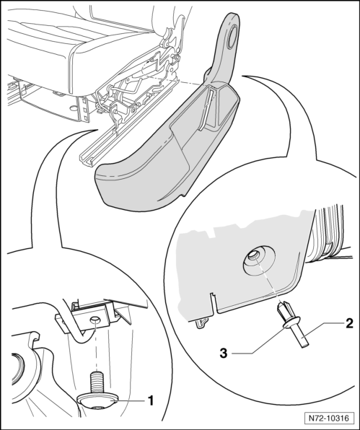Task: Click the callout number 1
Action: click(150, 401)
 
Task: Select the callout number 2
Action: click(349, 324)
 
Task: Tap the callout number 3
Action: click(224, 354)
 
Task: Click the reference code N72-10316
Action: click(329, 418)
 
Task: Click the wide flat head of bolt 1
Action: click(97, 400)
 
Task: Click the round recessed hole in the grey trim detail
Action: click(253, 255)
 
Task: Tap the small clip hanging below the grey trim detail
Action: click(201, 323)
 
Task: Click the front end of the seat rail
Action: click(87, 160)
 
